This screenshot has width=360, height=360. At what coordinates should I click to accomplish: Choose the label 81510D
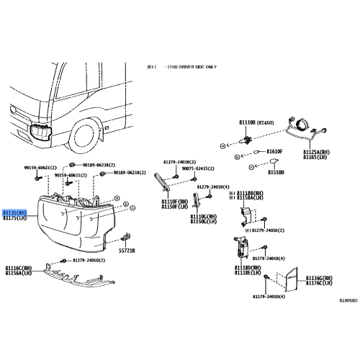click(276, 173)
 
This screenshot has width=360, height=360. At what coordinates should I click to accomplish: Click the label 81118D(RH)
click(246, 267)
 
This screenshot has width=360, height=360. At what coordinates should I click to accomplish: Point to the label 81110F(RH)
click(174, 202)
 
